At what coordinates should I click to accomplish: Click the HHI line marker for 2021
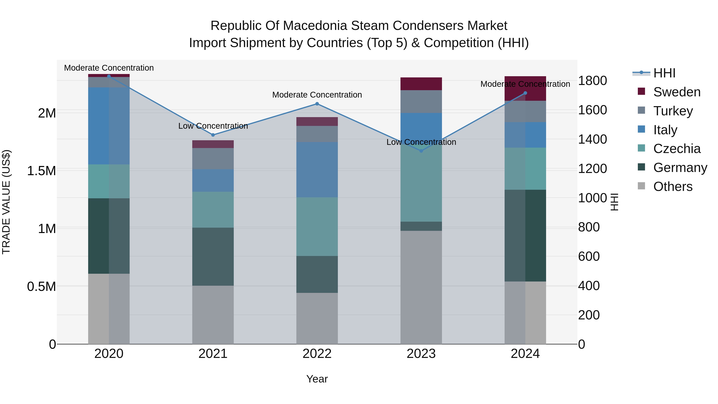click(213, 135)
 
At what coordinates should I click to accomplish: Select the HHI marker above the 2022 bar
click(317, 104)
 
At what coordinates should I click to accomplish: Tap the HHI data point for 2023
click(421, 151)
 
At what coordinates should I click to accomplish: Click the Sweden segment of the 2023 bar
click(421, 84)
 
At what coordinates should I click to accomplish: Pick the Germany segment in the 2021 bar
click(213, 257)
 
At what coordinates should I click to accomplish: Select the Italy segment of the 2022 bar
click(317, 170)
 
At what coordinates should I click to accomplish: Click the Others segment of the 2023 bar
click(421, 287)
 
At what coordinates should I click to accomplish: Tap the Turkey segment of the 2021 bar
click(213, 158)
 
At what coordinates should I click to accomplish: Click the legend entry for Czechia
click(677, 149)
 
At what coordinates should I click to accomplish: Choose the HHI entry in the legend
click(664, 73)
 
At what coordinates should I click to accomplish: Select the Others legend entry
click(673, 187)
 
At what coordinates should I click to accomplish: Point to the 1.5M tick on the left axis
click(41, 171)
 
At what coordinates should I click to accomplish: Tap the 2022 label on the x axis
click(317, 354)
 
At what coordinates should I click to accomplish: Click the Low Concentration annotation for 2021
click(213, 126)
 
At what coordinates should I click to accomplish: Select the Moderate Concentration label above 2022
click(317, 95)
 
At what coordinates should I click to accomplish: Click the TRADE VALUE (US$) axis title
click(6, 202)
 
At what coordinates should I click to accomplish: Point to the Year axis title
click(317, 379)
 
